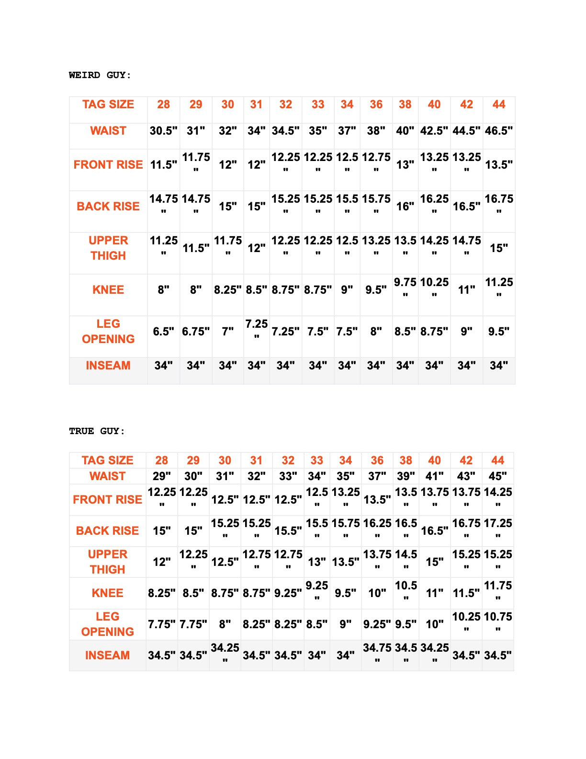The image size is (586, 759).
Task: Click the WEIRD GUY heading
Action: (100, 75)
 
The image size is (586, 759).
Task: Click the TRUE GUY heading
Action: (97, 431)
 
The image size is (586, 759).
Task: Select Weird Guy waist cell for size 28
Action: (163, 131)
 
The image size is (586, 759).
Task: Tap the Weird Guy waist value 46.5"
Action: (499, 131)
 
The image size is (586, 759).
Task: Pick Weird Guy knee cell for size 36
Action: (376, 290)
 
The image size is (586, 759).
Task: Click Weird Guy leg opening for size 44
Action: (499, 332)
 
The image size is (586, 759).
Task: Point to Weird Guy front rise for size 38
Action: (405, 165)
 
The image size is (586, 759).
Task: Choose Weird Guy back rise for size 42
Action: (466, 207)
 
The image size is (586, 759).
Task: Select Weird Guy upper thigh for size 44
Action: (499, 248)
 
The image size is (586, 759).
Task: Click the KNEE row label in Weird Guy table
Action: (108, 290)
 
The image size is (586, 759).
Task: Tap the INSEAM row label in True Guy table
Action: (107, 655)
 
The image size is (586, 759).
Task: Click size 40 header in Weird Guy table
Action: (434, 104)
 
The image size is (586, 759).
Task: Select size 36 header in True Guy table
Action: (377, 460)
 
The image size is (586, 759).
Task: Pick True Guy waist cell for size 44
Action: (498, 476)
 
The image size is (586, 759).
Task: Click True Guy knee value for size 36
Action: (377, 593)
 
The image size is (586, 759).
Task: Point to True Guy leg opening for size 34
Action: (346, 624)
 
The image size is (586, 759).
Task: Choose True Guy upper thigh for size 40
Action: (435, 562)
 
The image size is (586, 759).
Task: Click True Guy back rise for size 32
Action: (288, 531)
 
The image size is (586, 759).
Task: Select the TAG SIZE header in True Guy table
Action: (107, 460)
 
